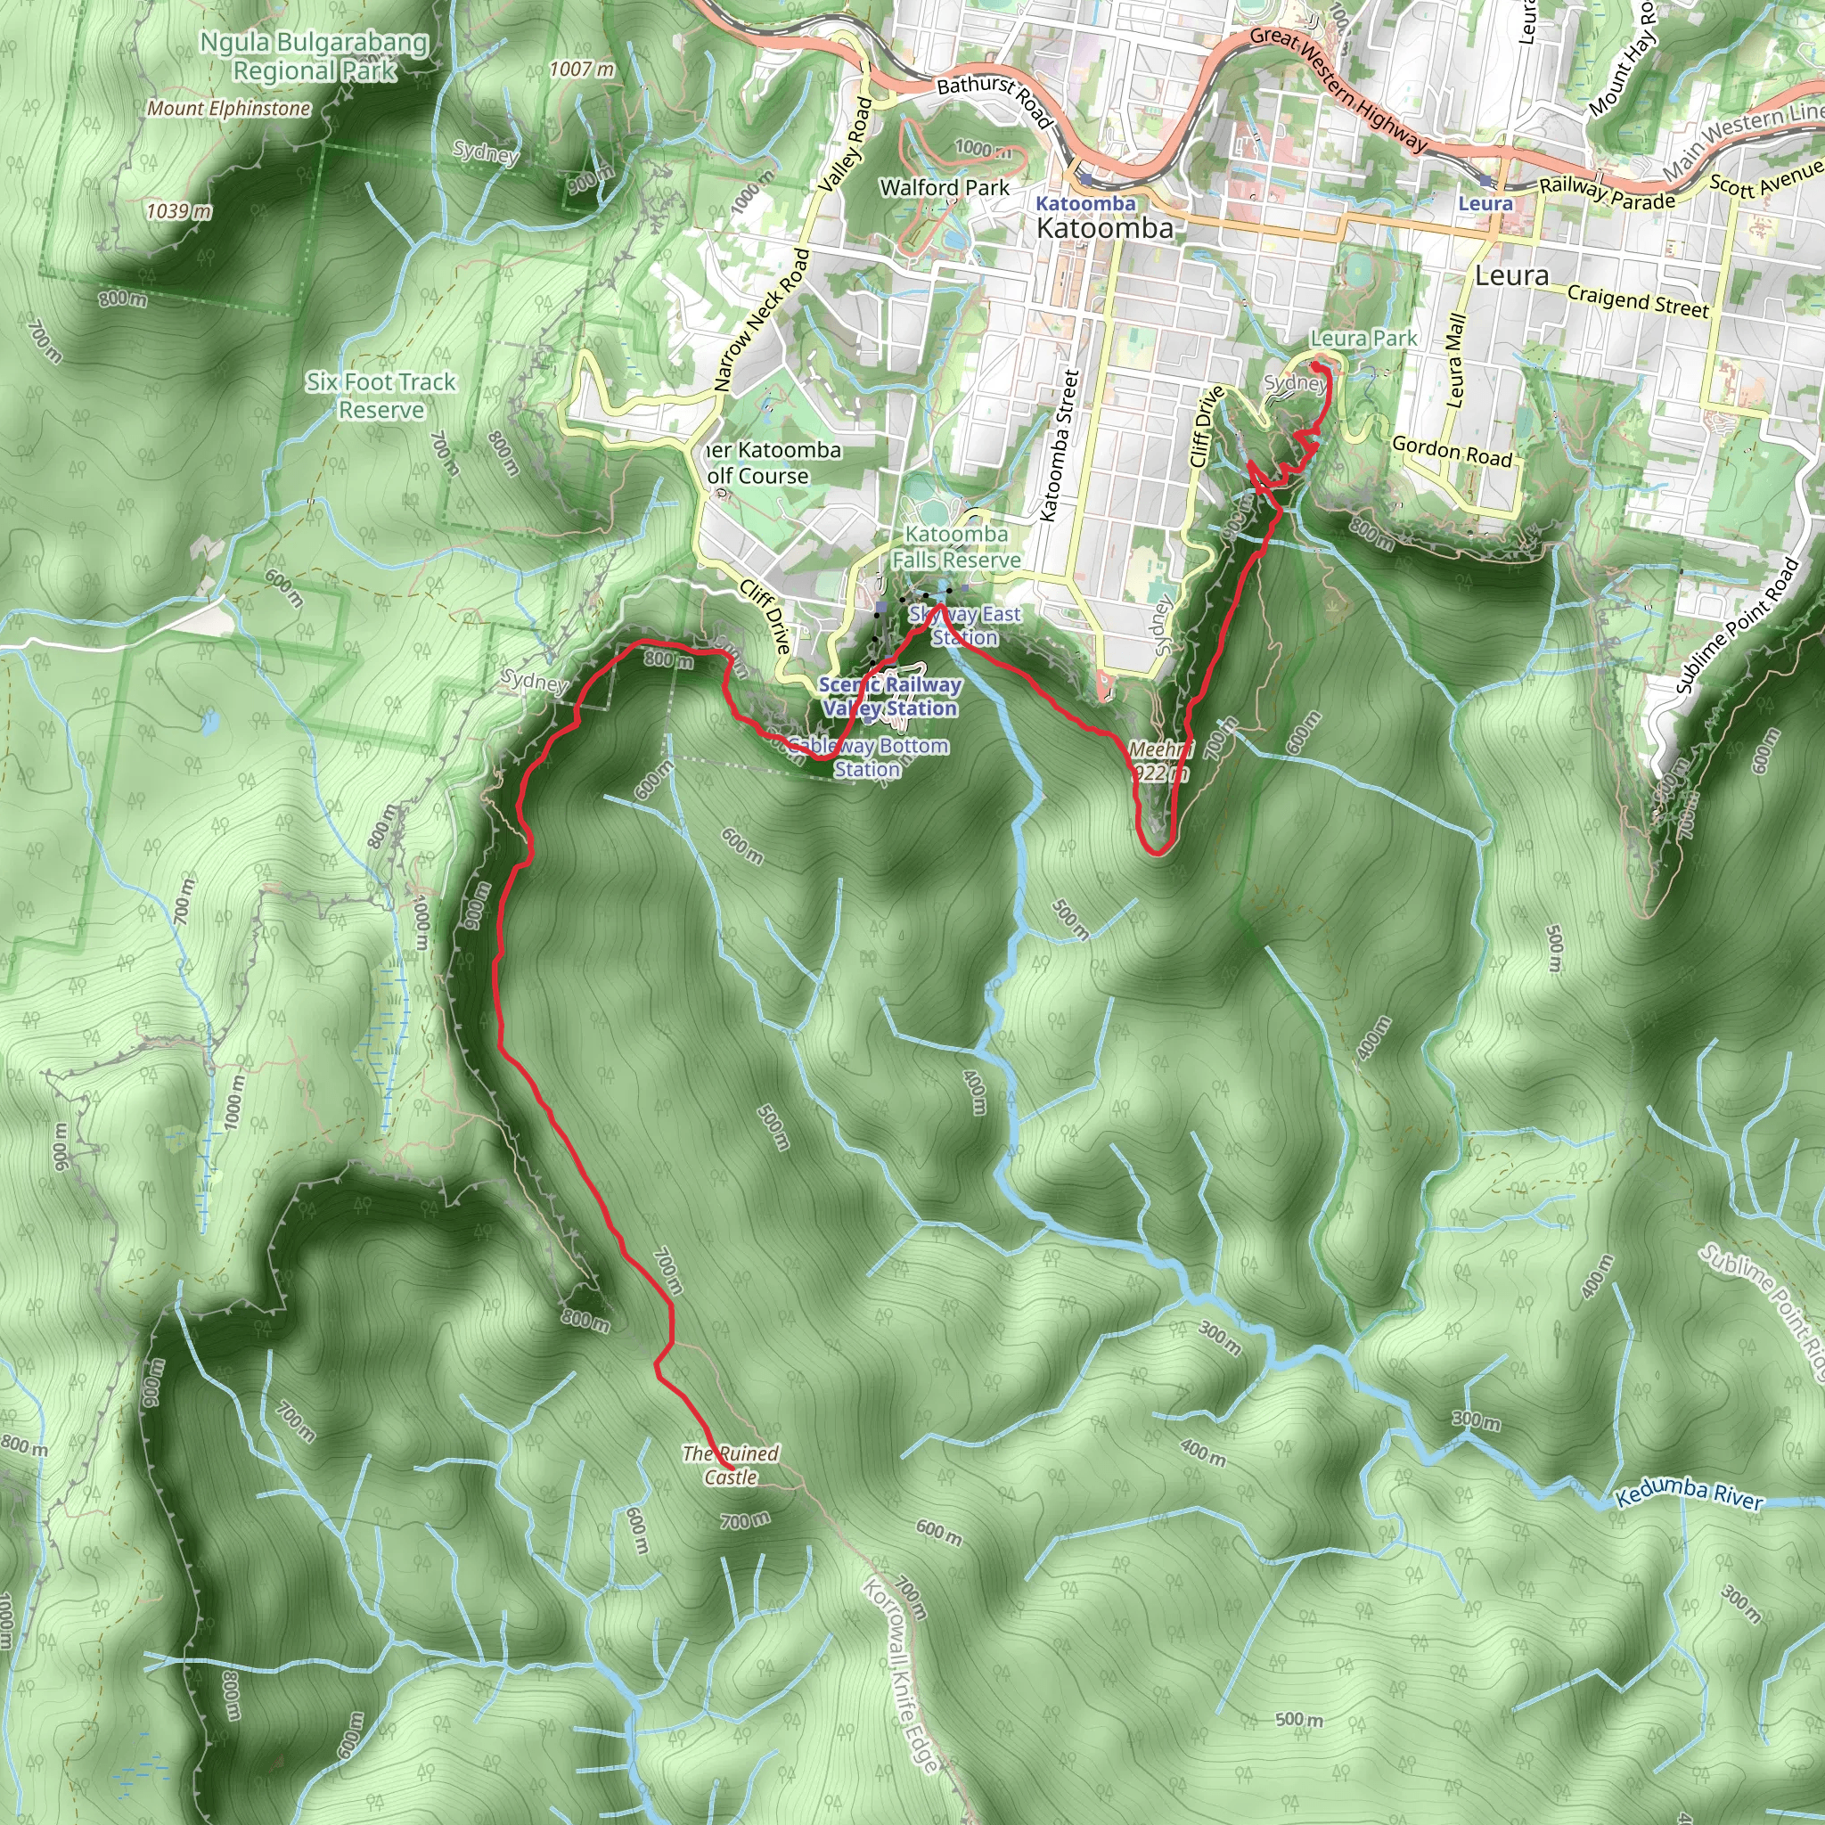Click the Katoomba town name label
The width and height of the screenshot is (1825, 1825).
click(x=1104, y=227)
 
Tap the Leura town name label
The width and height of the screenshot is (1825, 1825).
click(x=1511, y=276)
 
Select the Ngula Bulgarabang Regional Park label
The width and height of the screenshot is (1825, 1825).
click(x=315, y=57)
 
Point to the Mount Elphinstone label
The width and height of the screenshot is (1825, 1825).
click(x=229, y=109)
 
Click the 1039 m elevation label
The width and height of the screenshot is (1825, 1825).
click(x=178, y=210)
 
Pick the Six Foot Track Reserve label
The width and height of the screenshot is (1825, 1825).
click(x=381, y=396)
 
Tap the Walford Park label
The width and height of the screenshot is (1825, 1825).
click(x=945, y=188)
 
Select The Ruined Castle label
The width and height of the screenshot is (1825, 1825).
click(x=730, y=1465)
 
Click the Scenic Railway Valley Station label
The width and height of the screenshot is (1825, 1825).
click(x=890, y=696)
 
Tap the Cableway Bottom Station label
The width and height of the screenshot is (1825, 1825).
click(x=868, y=757)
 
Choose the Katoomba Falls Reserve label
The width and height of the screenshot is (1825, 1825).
click(x=956, y=547)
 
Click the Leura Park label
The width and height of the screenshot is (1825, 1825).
click(x=1363, y=338)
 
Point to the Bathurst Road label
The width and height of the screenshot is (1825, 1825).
click(x=994, y=100)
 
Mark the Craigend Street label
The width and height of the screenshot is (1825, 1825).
click(x=1638, y=300)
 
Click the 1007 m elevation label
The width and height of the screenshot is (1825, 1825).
click(x=582, y=69)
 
